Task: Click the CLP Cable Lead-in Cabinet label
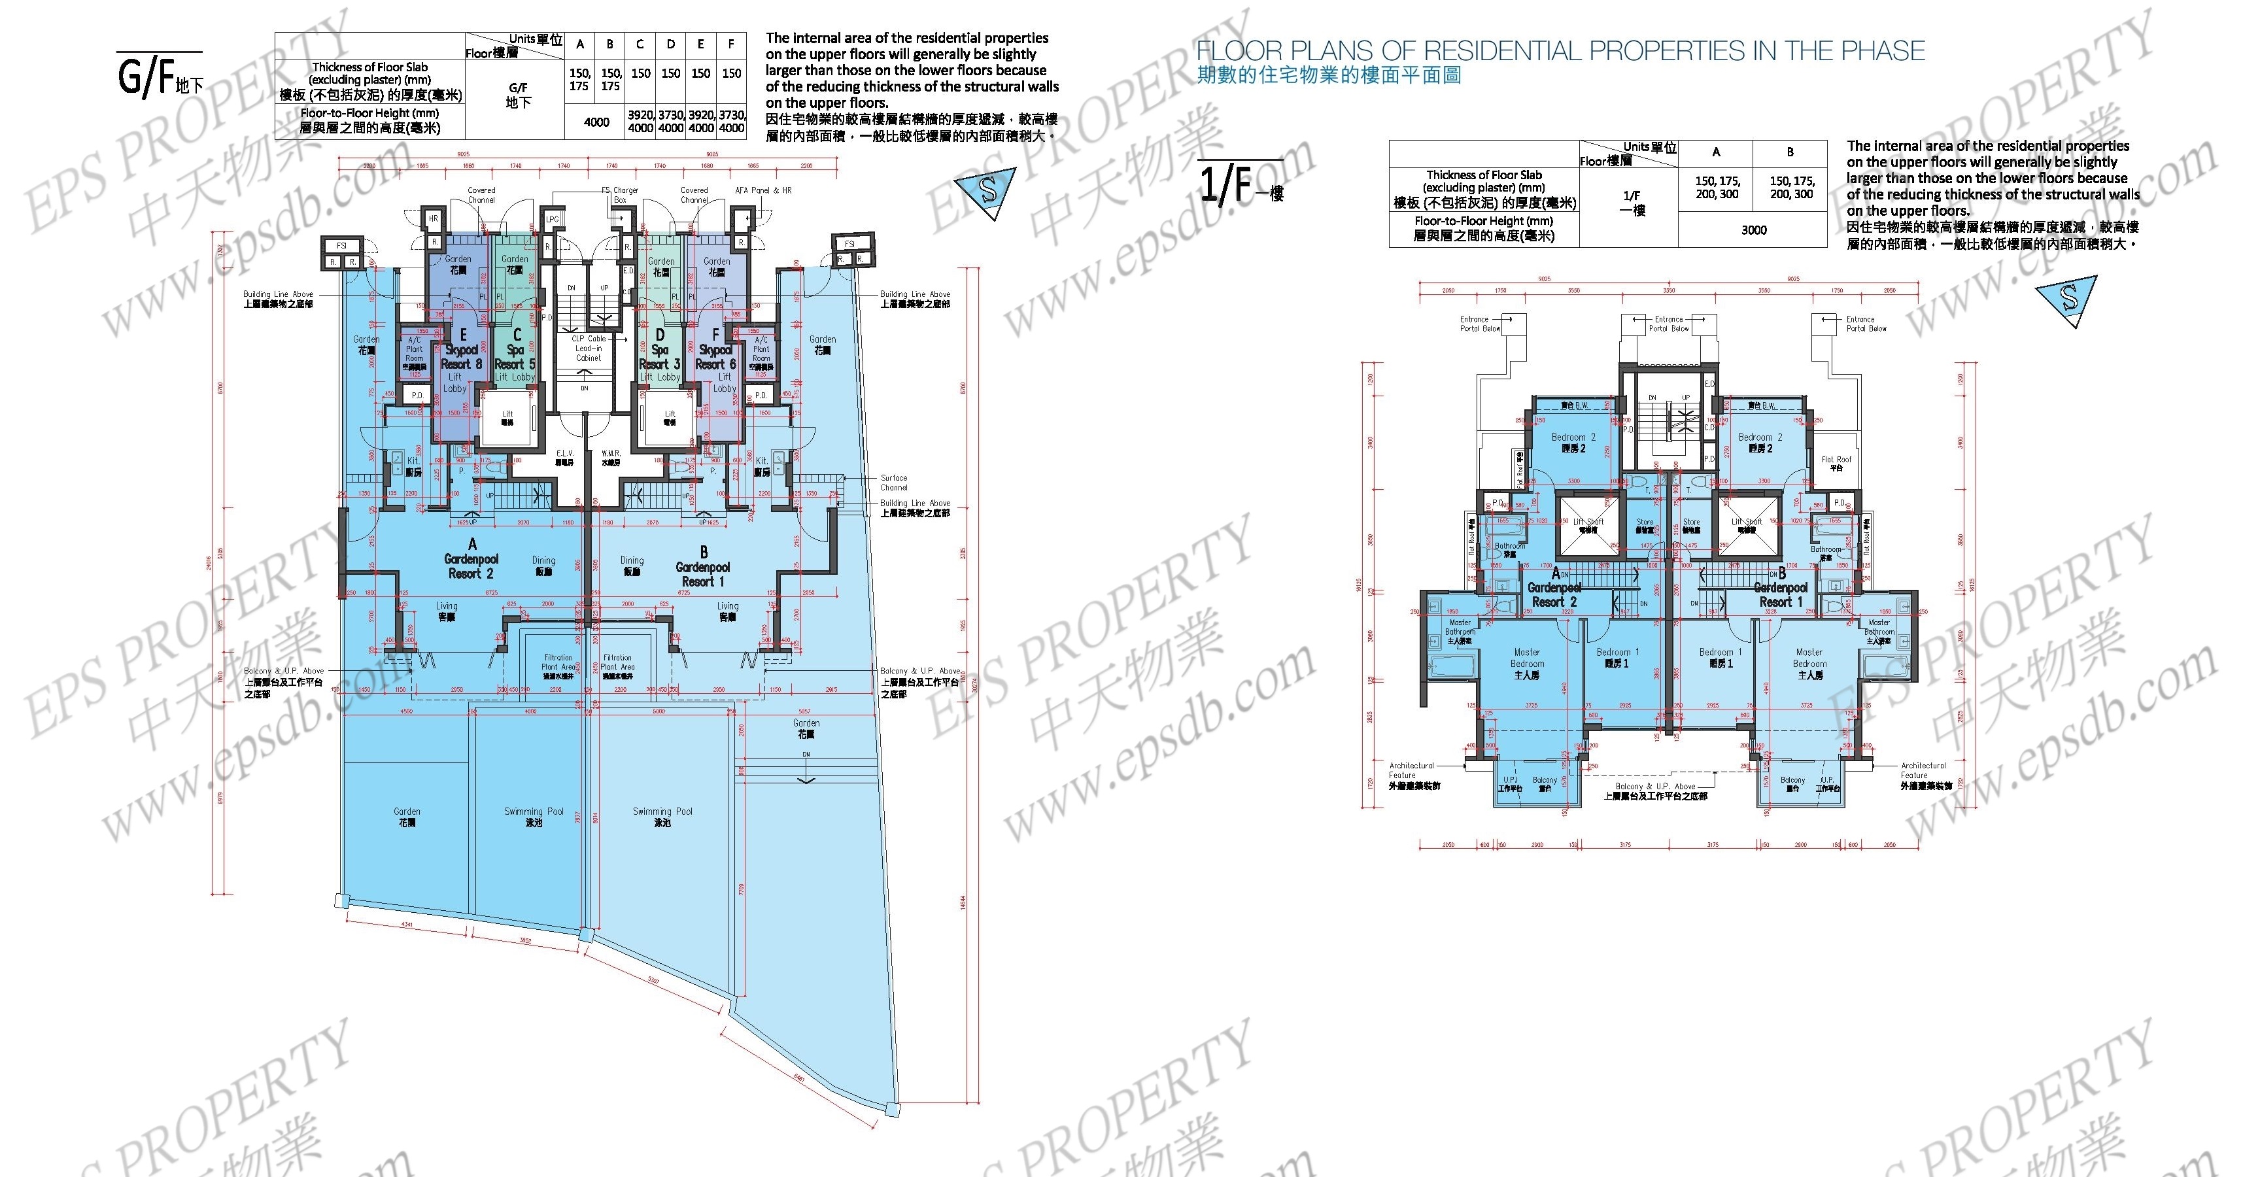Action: point(589,348)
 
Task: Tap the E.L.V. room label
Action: point(564,457)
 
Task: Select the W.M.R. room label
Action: point(611,457)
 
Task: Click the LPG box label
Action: point(552,219)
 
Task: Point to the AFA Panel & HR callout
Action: point(762,190)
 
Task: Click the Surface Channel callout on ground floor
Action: point(893,483)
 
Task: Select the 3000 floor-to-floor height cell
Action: point(1753,230)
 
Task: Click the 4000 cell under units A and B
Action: point(596,122)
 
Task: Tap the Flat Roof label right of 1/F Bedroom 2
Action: point(1836,463)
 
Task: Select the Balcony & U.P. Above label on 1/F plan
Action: point(1654,791)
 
